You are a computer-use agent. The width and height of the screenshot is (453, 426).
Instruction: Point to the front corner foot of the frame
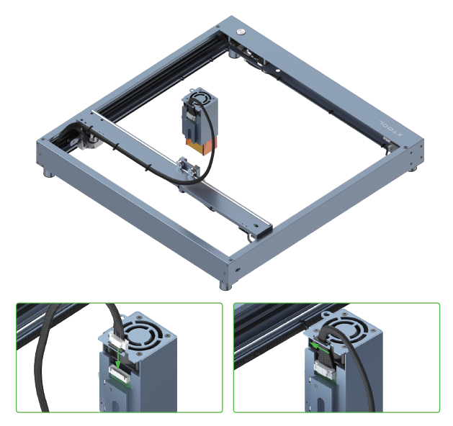click(x=226, y=285)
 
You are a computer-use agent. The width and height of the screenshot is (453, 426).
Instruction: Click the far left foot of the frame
click(x=47, y=173)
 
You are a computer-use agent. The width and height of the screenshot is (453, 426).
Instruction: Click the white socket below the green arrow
click(x=118, y=371)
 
